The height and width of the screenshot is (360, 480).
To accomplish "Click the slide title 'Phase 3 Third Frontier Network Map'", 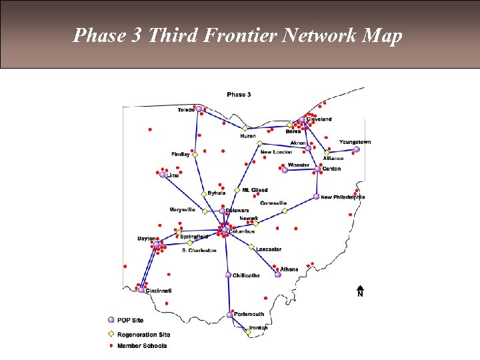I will point(238,35).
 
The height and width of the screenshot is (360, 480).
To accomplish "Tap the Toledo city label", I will point(186,110).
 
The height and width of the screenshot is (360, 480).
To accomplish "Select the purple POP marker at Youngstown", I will point(357,149).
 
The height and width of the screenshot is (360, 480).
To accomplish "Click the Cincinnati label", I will point(159,291).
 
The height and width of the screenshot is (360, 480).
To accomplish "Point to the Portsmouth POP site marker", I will point(230,315).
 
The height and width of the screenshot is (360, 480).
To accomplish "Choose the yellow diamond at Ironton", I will point(249,332).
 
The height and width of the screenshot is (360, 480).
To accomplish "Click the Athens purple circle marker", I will point(278,275).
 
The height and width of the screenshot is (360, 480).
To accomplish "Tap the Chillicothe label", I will point(247,275).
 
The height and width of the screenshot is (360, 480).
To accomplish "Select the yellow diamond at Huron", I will point(245,127).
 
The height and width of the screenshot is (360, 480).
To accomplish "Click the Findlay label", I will point(181,154).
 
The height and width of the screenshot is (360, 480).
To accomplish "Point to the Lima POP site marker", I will point(163,175).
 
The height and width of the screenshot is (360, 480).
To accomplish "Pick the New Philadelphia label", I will point(343,197).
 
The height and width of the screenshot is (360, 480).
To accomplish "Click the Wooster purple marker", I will point(285,170).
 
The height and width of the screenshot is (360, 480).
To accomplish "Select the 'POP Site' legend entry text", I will point(131,321).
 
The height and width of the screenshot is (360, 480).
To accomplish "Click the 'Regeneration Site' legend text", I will point(143,334).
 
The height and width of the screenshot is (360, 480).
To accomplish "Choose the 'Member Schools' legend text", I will point(142,346).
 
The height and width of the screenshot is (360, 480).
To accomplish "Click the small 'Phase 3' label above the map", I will point(239,95).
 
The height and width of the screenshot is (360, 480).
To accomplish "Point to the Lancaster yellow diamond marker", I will point(252,247).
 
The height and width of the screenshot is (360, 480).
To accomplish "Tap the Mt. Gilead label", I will point(255,190).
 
